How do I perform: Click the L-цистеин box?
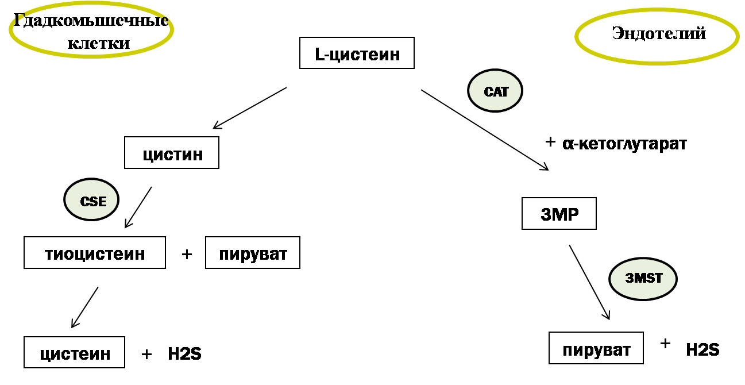(357, 53)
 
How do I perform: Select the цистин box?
(172, 153)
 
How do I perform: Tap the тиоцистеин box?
(95, 253)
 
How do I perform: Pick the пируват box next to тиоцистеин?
(253, 253)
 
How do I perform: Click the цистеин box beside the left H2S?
(75, 352)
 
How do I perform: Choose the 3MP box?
(559, 214)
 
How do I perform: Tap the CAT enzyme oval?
(495, 91)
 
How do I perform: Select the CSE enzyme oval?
(91, 200)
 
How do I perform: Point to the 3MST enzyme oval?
(643, 279)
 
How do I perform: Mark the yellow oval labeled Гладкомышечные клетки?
(91, 30)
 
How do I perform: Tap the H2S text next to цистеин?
(184, 353)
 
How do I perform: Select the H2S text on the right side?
(702, 349)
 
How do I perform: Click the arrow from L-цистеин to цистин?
(250, 107)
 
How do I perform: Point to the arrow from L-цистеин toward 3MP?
(485, 129)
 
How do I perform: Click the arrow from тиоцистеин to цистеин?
(84, 307)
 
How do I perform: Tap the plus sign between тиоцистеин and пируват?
(187, 254)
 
